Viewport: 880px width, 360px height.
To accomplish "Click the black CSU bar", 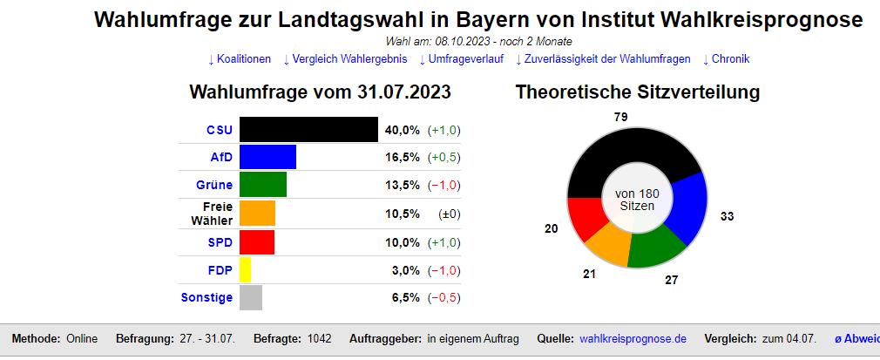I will coord(308,129).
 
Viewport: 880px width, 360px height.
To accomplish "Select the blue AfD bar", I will coord(267,157).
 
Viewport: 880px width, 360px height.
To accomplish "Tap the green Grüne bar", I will coord(262,185).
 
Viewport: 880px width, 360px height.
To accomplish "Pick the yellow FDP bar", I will coord(245,269).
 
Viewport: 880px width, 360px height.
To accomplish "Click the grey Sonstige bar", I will coord(250,297).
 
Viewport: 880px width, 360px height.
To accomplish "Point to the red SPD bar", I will coord(256,241).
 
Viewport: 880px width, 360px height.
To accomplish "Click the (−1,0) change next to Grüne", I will coord(443,185).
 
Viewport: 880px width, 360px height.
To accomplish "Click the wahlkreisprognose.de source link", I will coord(633,338).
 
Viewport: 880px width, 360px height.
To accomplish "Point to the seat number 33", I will coord(727,216).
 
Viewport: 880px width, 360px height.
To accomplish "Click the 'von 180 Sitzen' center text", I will coord(637,199).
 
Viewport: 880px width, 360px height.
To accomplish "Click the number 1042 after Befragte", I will coord(319,338).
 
